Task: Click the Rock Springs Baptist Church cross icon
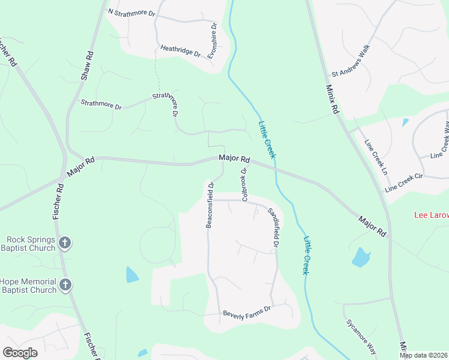click(65, 243)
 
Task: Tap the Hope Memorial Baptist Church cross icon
click(65, 284)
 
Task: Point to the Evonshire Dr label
click(213, 38)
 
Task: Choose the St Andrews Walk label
click(351, 60)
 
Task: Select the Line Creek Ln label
click(376, 157)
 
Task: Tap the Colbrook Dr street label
click(244, 184)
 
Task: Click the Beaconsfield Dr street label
click(210, 205)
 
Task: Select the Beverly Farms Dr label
click(247, 313)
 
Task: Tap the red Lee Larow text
click(432, 215)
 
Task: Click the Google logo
click(20, 352)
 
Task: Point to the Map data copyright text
click(424, 355)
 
